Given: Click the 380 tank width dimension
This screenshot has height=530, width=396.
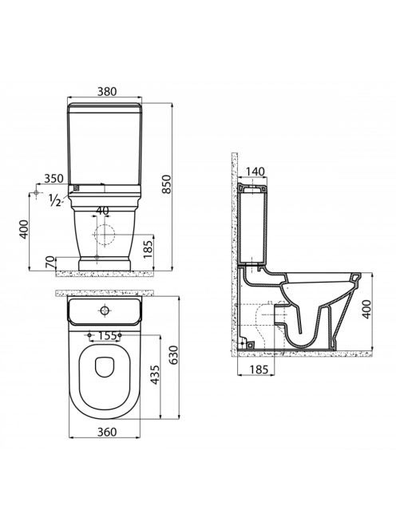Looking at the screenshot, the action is [x=107, y=92].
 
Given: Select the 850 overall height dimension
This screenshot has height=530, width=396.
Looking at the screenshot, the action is [x=166, y=184].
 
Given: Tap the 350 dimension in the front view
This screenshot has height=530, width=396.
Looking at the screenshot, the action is [x=54, y=179].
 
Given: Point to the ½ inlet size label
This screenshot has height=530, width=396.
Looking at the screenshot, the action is [x=54, y=200].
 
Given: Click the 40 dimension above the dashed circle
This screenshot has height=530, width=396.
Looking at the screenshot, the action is [x=102, y=211].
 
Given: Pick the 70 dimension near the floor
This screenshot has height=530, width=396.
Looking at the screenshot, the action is [x=49, y=262].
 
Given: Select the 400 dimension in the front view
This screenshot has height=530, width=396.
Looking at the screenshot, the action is [x=24, y=229].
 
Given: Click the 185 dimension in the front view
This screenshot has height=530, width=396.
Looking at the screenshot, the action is [x=148, y=247].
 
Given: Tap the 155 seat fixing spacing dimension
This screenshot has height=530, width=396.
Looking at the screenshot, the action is [x=108, y=336].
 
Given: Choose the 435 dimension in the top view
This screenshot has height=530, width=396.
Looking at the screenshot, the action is [x=155, y=375].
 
